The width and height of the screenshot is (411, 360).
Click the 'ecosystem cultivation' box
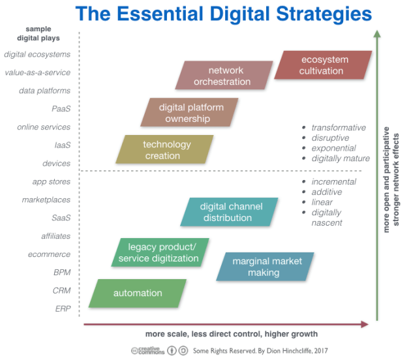tap(323, 65)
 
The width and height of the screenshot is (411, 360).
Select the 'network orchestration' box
tap(224, 76)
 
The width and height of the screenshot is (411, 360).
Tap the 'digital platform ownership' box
tap(189, 113)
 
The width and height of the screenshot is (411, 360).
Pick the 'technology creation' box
tap(164, 149)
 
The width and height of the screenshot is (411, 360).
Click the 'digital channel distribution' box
tap(229, 212)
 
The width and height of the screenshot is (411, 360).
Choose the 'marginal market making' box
tap(265, 267)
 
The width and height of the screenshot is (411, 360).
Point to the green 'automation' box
tap(138, 293)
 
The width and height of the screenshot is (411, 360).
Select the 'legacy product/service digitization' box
tap(160, 252)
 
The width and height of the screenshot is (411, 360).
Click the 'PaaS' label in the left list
tap(61, 109)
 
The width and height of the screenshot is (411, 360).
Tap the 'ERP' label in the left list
tap(63, 308)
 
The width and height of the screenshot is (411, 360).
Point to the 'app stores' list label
tap(52, 181)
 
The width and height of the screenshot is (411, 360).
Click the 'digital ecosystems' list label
tap(37, 54)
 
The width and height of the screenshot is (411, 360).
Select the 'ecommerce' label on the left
tap(50, 254)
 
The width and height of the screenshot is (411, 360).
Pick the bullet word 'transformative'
tap(339, 128)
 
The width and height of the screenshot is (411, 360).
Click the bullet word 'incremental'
tap(333, 181)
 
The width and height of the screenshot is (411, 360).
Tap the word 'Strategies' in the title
tap(324, 14)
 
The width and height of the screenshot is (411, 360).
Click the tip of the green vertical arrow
tap(377, 31)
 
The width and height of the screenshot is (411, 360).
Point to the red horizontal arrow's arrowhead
tap(365, 324)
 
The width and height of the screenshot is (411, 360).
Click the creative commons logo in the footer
tap(148, 351)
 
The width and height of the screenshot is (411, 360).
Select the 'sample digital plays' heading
tap(38, 33)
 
